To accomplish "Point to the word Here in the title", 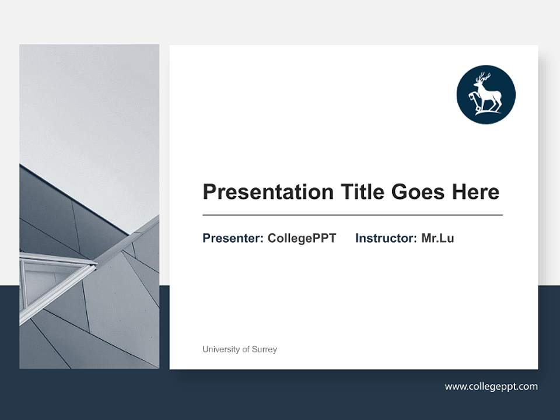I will click(476, 192).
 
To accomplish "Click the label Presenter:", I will click(233, 238).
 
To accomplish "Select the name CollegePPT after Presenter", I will click(302, 238).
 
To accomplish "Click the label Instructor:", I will click(386, 238).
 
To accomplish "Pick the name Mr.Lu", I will click(437, 238).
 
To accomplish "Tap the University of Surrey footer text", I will click(240, 349).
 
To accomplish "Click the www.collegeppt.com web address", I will click(491, 386).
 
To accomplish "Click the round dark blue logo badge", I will click(486, 94).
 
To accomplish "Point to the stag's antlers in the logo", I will click(482, 78).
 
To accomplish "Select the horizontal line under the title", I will click(352, 215).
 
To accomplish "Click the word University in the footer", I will click(220, 349).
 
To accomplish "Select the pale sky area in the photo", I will click(87, 105).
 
